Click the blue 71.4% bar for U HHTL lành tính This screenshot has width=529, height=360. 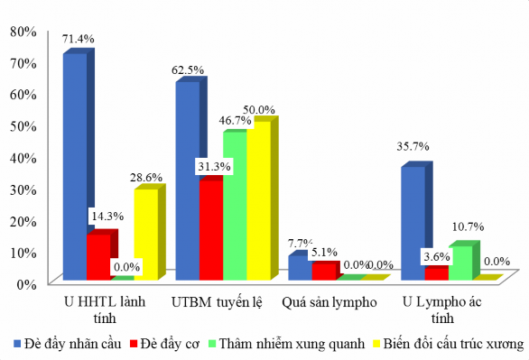click(x=75, y=167)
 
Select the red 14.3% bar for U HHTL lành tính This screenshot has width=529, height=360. click(x=98, y=257)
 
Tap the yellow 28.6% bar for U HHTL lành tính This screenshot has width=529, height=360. click(x=145, y=235)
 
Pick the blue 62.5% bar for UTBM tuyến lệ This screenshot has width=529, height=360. click(x=188, y=180)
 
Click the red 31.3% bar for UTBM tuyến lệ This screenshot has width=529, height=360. click(x=211, y=230)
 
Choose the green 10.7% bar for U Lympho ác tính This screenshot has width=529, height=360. click(x=459, y=263)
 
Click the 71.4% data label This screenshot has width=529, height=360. click(x=78, y=39)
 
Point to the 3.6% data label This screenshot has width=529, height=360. click(x=437, y=256)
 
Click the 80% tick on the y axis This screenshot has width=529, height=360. click(x=22, y=31)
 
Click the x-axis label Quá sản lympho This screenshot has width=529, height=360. click(x=329, y=301)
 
